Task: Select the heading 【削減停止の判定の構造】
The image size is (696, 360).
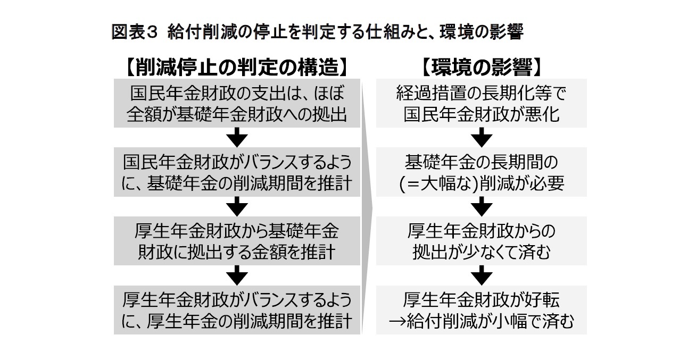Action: click(237, 67)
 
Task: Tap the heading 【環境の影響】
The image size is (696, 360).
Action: click(481, 67)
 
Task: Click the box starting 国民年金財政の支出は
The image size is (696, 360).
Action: click(237, 104)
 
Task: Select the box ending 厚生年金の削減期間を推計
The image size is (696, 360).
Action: click(237, 310)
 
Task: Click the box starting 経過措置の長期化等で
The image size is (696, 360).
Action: click(481, 104)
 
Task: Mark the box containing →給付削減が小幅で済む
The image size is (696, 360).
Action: click(481, 310)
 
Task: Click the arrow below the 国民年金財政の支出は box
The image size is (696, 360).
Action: click(237, 138)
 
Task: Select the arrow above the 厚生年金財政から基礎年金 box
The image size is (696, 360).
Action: click(237, 206)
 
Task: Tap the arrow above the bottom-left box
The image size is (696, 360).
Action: click(237, 275)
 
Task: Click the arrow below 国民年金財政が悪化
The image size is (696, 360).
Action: click(481, 138)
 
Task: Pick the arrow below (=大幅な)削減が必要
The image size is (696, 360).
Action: click(481, 206)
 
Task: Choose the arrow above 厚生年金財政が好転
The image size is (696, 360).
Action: click(481, 275)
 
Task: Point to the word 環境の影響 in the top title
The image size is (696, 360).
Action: click(474, 32)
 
